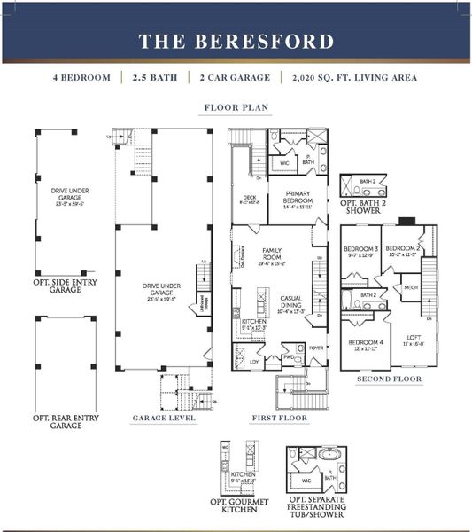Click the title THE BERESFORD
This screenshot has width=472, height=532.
coord(236,41)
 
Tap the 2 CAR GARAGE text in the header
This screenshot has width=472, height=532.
coord(236,77)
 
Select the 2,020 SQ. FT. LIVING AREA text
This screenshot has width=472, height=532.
coord(354,77)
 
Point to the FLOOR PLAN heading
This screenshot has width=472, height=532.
coord(236,107)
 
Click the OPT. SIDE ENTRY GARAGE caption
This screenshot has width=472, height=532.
coord(58,285)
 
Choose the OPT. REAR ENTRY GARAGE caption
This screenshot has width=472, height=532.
coord(58,421)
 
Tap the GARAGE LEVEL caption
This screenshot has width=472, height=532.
coord(164,417)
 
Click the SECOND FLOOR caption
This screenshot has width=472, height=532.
coord(389,379)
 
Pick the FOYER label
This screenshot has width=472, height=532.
coord(317,348)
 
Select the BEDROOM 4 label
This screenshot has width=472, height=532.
coord(365,342)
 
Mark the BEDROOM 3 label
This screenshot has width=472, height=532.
coord(360,249)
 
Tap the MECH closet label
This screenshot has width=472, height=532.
coord(411,287)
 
